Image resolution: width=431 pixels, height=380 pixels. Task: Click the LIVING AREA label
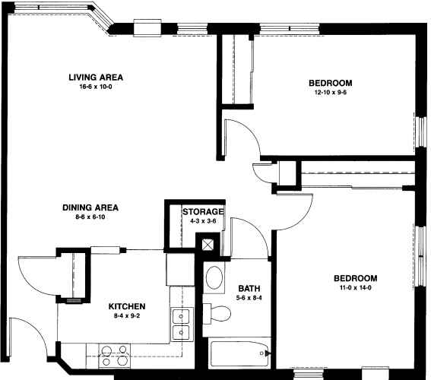point(96,78)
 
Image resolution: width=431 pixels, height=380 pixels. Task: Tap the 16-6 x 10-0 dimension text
point(96,87)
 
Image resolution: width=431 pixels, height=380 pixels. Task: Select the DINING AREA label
point(90,207)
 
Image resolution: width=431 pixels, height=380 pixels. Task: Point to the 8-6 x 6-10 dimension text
point(90,217)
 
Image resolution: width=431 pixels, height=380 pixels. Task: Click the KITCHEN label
point(127,306)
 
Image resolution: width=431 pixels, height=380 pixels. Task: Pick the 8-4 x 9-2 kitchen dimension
point(127,316)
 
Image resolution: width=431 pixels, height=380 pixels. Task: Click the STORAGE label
point(203,212)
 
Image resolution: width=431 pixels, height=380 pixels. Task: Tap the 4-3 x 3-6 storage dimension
point(203,221)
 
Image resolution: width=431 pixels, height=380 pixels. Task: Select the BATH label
point(249,289)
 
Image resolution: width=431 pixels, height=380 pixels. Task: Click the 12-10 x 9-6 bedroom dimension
point(331,92)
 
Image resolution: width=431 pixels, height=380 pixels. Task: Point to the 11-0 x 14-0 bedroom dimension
point(355,288)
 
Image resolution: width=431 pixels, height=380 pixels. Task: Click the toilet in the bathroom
point(217,313)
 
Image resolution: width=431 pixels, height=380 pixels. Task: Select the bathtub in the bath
point(239,354)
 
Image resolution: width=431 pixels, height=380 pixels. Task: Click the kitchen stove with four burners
point(115,356)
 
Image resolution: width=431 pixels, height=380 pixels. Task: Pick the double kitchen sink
point(181,325)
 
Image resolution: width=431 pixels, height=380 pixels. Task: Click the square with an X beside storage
point(208,244)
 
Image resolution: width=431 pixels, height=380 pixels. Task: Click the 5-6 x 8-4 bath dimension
point(249,298)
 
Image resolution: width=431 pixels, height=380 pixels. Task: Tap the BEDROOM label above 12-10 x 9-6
point(331,83)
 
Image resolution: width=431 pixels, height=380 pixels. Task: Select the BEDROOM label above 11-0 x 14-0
point(356,278)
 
